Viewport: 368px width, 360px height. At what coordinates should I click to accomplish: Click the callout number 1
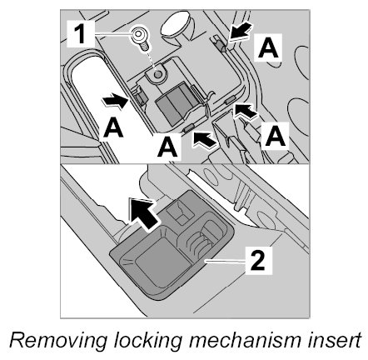pos(81,34)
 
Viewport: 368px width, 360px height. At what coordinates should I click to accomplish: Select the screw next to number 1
pos(139,39)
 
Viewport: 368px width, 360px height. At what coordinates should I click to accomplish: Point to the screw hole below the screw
pos(157,74)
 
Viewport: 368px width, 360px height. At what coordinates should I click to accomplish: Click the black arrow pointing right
pos(115,100)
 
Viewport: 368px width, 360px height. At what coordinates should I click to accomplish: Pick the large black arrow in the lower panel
pos(143,212)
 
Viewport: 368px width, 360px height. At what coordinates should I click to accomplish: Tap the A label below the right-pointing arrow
pos(113,127)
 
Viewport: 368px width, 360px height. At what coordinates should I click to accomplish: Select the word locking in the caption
pos(148,342)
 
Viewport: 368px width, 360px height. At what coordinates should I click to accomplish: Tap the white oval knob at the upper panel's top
pos(175,23)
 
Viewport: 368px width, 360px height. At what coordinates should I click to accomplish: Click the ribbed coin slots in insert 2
pos(199,241)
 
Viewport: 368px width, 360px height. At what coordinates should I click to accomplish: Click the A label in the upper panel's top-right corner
pos(268,47)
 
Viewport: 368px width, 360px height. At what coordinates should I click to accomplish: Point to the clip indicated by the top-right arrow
pos(221,44)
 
